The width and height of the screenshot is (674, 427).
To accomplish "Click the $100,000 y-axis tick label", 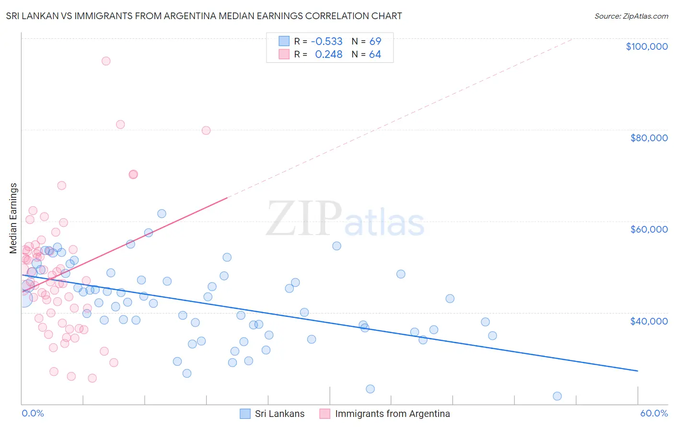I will [x=647, y=46].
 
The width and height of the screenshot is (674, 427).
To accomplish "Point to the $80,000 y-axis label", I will [x=649, y=138].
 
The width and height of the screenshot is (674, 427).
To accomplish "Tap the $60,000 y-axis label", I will [x=649, y=229].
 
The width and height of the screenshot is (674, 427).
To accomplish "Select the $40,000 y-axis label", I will [x=649, y=321].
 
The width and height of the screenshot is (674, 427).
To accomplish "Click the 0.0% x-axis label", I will [x=33, y=414].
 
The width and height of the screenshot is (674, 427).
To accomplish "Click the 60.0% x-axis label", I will [x=653, y=414].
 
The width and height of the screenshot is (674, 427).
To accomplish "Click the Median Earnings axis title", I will [x=13, y=218].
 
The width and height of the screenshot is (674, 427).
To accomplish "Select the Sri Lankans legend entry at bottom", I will [x=279, y=414].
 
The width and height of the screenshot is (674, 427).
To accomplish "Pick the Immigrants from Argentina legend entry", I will [x=392, y=414].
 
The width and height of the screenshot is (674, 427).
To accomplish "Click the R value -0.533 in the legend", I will [x=326, y=41].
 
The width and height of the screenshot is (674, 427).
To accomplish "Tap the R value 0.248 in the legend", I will [x=328, y=55].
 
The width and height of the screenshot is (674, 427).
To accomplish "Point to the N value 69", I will [x=375, y=41].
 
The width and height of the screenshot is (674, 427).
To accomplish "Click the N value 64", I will [x=375, y=55].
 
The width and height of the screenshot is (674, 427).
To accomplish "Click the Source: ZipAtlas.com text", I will [x=631, y=16].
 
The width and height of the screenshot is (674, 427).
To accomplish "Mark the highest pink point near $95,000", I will [x=106, y=61].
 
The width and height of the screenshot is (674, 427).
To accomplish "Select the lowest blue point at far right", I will [x=557, y=396].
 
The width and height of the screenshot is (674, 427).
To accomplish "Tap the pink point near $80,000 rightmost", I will [x=206, y=130].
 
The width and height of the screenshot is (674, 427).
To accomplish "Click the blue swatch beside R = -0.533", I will [x=284, y=41].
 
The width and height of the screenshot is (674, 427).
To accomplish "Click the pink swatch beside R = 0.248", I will [x=284, y=55].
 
